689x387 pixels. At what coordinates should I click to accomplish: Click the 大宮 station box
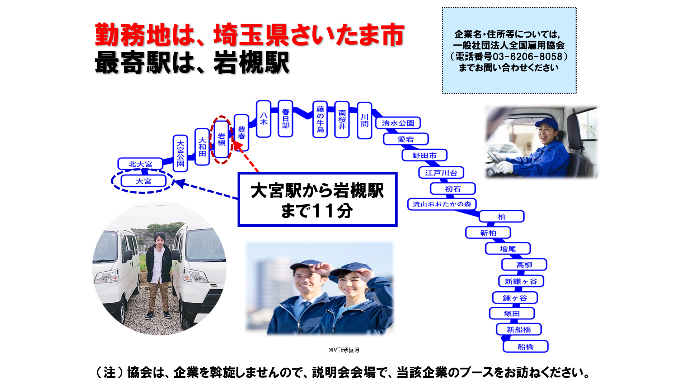[x=144, y=181]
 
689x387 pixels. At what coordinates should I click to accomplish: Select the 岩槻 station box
[x=221, y=139]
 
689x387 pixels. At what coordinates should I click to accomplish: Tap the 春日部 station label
[x=286, y=119]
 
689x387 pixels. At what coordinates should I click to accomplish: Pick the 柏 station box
[x=502, y=217]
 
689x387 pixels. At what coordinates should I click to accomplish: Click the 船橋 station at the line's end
[x=525, y=347]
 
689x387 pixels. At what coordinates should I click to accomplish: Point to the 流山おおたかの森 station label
[x=442, y=204]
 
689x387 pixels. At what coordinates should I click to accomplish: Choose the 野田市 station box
[x=425, y=156]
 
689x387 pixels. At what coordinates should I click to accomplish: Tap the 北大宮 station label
[x=140, y=164]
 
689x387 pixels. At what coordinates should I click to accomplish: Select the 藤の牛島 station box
[x=320, y=119]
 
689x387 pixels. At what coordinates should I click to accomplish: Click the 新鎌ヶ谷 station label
[x=521, y=281]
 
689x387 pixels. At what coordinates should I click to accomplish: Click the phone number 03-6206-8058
[x=527, y=57]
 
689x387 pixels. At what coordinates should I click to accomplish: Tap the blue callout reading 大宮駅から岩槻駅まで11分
[x=317, y=200]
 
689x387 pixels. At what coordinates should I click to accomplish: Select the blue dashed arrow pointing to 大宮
[x=206, y=190]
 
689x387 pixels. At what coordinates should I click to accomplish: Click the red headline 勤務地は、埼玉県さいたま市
[x=250, y=35]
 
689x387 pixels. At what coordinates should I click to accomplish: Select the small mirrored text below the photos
[x=344, y=350]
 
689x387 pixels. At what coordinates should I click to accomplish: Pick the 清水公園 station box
[x=398, y=123]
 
